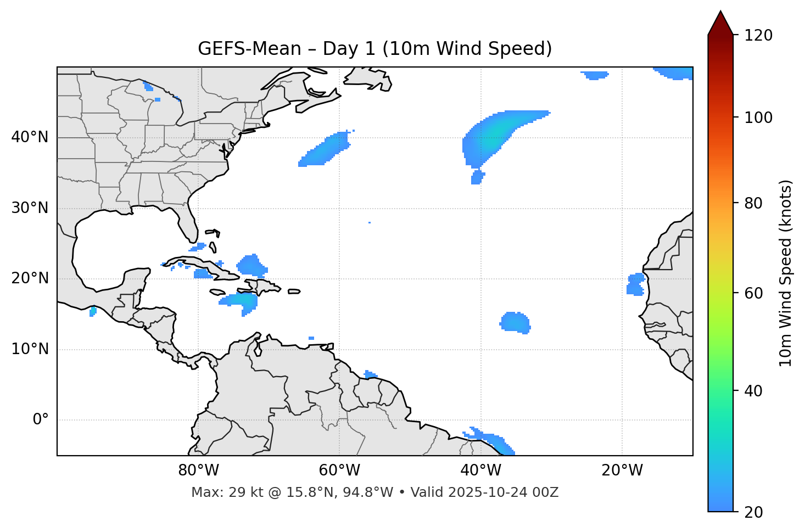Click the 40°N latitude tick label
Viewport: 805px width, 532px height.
tap(30, 137)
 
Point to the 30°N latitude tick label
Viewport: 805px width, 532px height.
tap(30, 208)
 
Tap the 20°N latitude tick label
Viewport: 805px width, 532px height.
tap(30, 278)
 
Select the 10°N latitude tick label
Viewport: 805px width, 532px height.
tap(30, 349)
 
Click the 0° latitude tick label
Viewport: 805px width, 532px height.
tap(41, 420)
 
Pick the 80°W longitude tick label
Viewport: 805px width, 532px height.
tap(198, 471)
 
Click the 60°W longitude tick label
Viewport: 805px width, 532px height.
tap(339, 471)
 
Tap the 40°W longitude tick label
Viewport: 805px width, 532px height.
tap(480, 471)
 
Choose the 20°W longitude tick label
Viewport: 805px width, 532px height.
tap(622, 471)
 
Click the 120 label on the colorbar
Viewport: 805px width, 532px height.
tap(758, 35)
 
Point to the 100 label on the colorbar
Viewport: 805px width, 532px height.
tap(758, 117)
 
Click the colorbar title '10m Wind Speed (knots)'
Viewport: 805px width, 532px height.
tap(785, 273)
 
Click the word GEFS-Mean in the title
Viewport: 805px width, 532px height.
tap(249, 49)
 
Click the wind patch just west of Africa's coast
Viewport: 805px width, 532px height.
tap(636, 284)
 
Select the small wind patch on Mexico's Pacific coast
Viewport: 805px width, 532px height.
tap(93, 312)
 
